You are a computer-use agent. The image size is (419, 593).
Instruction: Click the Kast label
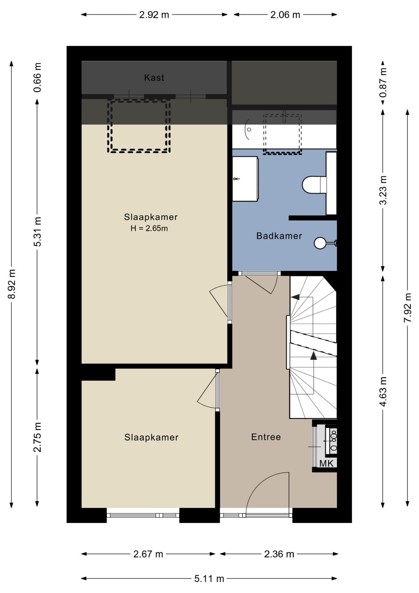[154, 78]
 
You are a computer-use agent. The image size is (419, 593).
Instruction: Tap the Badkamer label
[279, 236]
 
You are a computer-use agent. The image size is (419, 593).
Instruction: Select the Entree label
[266, 437]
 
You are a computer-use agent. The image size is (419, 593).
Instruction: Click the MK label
[326, 463]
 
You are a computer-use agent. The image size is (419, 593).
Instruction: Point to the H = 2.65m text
[149, 228]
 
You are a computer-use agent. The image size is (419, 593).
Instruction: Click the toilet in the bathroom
[314, 185]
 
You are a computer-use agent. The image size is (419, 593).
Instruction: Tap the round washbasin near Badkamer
[320, 243]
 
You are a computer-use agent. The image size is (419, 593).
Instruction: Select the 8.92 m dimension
[12, 284]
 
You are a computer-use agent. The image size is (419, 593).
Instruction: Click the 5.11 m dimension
[209, 578]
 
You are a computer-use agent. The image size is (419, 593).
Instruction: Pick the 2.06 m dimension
[285, 15]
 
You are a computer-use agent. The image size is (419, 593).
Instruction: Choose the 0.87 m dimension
[383, 82]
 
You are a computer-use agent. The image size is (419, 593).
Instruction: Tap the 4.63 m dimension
[383, 392]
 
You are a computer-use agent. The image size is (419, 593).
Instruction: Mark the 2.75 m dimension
[37, 437]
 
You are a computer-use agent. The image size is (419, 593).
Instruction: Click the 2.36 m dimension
[279, 554]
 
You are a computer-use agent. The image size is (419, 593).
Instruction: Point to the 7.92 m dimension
[408, 308]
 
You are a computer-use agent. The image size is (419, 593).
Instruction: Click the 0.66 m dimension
[37, 78]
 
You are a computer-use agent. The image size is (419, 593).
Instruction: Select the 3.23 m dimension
[383, 190]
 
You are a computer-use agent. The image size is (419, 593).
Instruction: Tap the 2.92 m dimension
[154, 15]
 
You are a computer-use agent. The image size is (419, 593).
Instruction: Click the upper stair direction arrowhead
[295, 297]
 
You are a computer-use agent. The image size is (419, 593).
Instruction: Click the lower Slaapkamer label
[151, 437]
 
